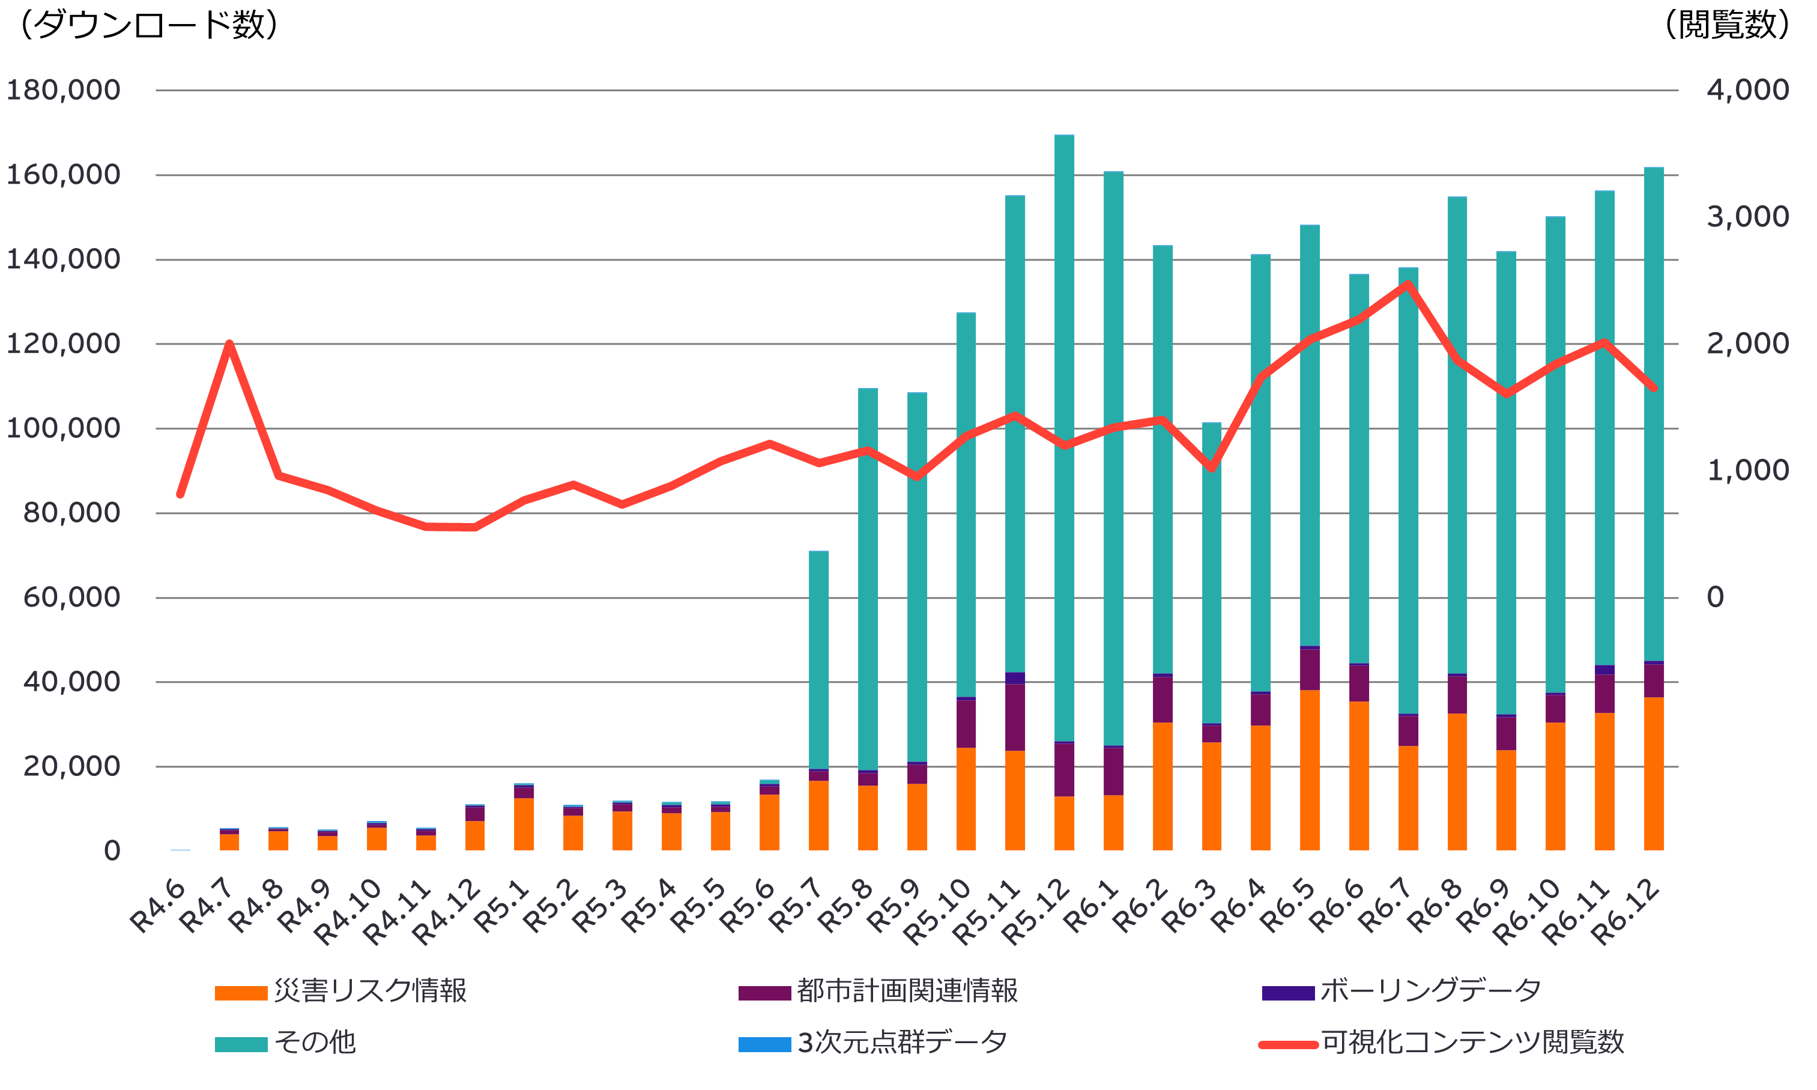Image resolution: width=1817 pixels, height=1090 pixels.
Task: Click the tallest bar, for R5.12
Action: pyautogui.click(x=1063, y=441)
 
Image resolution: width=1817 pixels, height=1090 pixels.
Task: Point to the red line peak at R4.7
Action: pyautogui.click(x=229, y=344)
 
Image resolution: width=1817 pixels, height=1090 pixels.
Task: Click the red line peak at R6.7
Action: pyautogui.click(x=1407, y=284)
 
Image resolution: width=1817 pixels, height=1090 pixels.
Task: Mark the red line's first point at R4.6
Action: pyautogui.click(x=180, y=494)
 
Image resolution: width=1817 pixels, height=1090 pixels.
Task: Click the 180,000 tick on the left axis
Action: pyautogui.click(x=63, y=90)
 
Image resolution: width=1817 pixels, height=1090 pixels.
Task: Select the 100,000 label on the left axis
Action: pyautogui.click(x=63, y=428)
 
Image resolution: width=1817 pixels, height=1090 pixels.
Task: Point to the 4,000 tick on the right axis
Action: pyautogui.click(x=1747, y=90)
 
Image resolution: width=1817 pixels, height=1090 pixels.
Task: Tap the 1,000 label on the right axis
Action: pyautogui.click(x=1747, y=471)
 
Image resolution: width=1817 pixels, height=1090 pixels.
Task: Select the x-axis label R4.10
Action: pyautogui.click(x=348, y=915)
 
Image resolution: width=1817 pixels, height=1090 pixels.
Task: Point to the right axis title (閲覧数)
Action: pyautogui.click(x=1726, y=25)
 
